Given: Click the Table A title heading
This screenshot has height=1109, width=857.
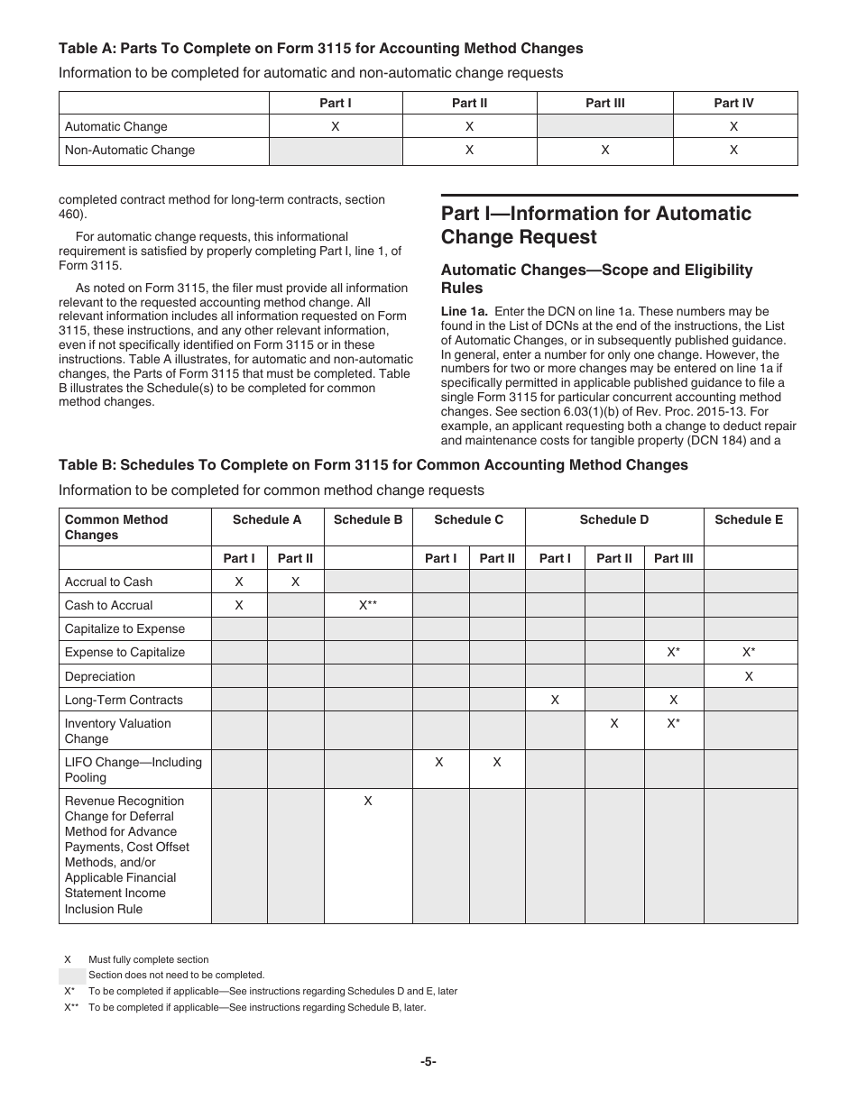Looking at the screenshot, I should coord(320,49).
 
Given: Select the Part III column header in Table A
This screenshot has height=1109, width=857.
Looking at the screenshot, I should coord(604,103).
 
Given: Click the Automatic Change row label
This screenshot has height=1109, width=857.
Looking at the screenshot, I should coord(116,127).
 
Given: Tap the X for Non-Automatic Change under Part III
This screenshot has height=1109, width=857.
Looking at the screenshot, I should coord(604,151).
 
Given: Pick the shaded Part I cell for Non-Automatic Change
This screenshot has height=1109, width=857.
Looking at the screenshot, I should coord(336,151).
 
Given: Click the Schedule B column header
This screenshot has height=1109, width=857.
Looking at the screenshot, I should coord(368,519).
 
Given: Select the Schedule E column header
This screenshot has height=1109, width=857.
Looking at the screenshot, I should coord(749,519).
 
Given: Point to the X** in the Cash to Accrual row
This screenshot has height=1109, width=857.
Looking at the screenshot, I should coord(368,606).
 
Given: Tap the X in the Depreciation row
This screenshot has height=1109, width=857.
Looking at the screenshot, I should coord(749,676).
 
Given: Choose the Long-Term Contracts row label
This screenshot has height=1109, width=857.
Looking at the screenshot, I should coord(124,700).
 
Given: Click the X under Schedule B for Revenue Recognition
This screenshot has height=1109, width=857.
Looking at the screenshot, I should coord(368,801).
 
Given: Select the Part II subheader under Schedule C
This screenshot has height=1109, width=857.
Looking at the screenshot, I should coord(497,558).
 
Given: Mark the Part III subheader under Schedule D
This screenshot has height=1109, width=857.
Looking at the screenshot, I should coord(673,558).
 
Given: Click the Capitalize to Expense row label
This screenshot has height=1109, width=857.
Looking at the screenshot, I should coord(124,629).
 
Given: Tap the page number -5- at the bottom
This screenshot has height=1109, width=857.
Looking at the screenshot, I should coord(428,1062).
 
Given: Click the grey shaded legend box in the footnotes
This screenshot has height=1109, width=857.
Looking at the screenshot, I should coord(72,976).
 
